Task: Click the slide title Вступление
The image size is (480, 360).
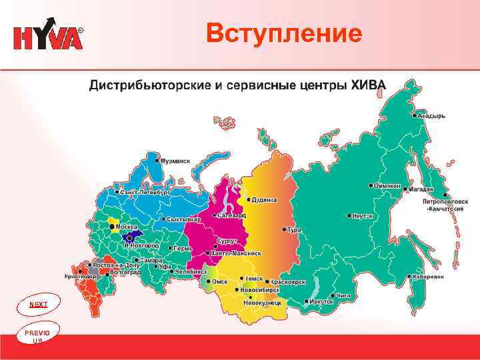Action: coord(284,33)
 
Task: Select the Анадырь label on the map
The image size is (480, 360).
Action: coord(431,115)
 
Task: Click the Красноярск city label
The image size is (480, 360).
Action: coord(288,283)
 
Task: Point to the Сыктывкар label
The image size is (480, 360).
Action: coord(183,219)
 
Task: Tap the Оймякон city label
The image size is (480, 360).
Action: coord(389,185)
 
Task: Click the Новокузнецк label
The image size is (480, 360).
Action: coord(262,302)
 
